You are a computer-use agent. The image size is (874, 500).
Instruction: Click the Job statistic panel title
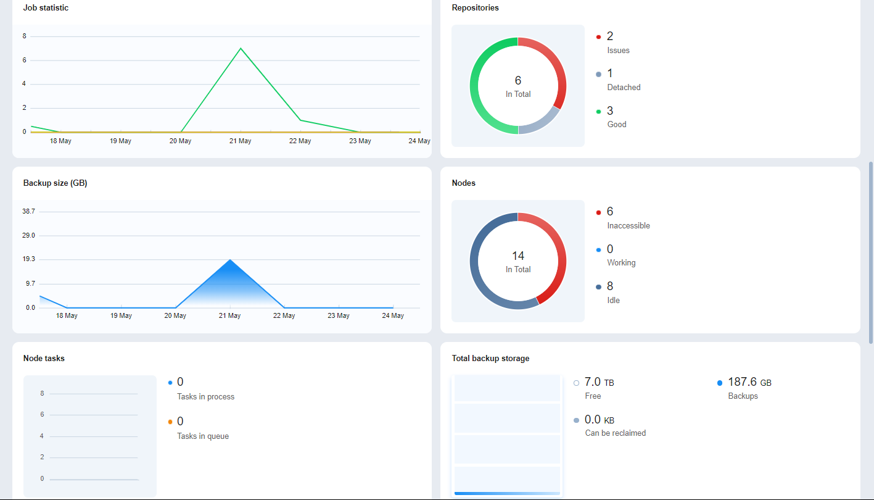point(46,8)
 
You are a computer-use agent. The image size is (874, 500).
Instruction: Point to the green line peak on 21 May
point(241,48)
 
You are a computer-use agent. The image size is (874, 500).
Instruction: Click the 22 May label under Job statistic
point(300,141)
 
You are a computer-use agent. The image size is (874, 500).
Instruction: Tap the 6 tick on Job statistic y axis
point(25,60)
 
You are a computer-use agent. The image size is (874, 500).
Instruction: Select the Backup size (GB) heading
point(55,183)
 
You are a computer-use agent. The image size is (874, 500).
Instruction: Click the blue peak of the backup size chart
point(230,260)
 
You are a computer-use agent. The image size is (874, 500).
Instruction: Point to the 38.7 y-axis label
point(28,211)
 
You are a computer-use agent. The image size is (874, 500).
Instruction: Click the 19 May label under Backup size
point(121,315)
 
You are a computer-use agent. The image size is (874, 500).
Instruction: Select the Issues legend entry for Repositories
point(618,50)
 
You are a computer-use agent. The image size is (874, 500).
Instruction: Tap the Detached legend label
point(624,87)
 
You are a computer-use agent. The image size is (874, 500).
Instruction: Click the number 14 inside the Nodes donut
point(517,256)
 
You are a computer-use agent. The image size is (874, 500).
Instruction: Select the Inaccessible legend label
point(629,225)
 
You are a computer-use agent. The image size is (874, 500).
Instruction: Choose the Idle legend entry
point(613,300)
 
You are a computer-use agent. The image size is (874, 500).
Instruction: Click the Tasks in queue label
point(203,436)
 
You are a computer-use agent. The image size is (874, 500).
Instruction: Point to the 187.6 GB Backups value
point(749,382)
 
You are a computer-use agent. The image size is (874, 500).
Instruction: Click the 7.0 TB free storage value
point(599,382)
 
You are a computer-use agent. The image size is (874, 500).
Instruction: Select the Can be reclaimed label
point(615,433)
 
